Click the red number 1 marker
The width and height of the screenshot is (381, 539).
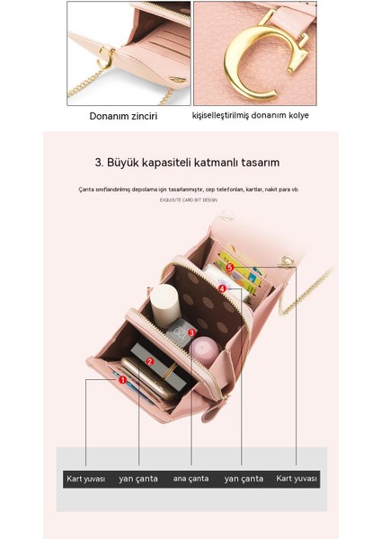pyautogui.click(x=122, y=380)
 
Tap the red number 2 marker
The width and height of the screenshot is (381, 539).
pyautogui.click(x=150, y=362)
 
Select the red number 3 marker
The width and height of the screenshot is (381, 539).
pyautogui.click(x=192, y=331)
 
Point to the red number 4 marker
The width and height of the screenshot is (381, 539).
pyautogui.click(x=222, y=288)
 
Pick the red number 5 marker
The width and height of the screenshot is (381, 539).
pyautogui.click(x=230, y=267)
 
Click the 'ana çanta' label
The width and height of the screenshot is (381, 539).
pyautogui.click(x=190, y=479)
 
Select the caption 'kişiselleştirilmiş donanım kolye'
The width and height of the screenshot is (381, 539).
pyautogui.click(x=254, y=116)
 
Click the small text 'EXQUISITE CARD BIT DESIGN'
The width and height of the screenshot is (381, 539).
pyautogui.click(x=189, y=200)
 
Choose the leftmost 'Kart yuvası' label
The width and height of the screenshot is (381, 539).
pyautogui.click(x=86, y=479)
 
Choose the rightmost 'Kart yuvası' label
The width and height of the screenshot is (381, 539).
pyautogui.click(x=297, y=479)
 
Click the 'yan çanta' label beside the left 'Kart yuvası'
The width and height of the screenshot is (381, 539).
pyautogui.click(x=138, y=479)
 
